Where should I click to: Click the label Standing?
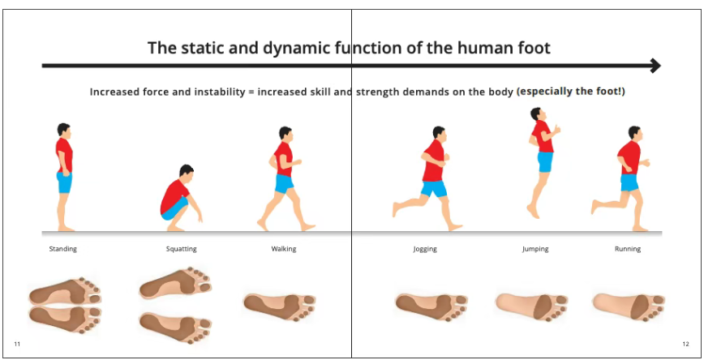(63, 249)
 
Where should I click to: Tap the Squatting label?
(182, 249)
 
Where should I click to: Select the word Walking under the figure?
(284, 249)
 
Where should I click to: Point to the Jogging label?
(425, 249)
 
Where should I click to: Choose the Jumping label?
(535, 249)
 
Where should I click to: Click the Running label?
(628, 249)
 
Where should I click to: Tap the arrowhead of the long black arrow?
(655, 66)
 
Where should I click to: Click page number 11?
(17, 345)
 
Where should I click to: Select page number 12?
(685, 345)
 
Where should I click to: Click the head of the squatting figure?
(186, 171)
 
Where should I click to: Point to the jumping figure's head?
(536, 114)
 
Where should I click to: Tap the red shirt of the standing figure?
(64, 155)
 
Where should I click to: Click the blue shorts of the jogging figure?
(434, 189)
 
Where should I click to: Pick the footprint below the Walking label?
(279, 306)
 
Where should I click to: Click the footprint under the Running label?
(629, 306)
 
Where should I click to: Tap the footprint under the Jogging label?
(431, 306)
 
